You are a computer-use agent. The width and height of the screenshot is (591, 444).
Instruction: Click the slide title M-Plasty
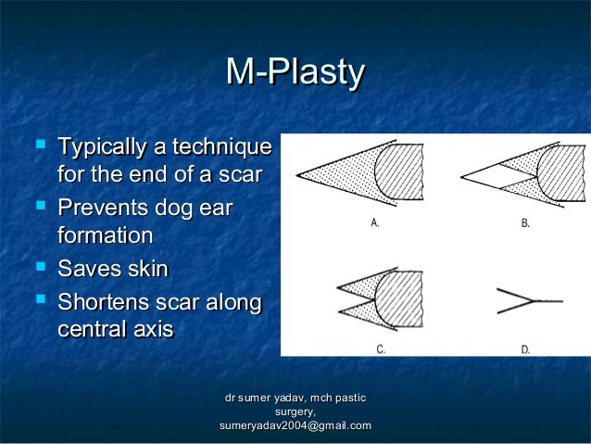click(295, 74)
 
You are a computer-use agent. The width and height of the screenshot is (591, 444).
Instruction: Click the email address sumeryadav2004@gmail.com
click(295, 425)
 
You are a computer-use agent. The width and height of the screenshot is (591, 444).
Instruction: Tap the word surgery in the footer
click(294, 412)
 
